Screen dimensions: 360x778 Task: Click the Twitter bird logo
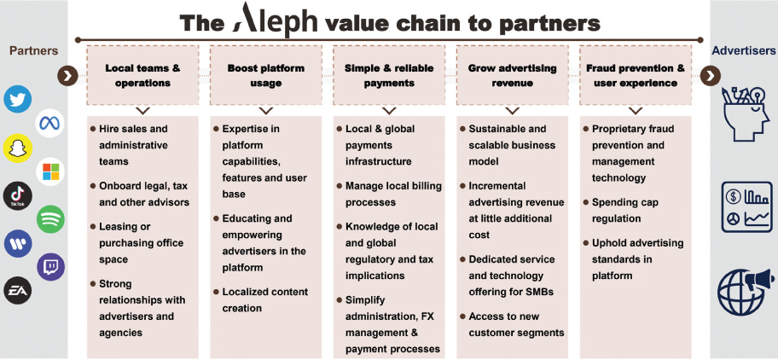(x=17, y=100)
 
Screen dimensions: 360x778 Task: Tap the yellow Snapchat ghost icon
(x=17, y=148)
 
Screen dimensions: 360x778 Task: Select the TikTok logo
(x=17, y=195)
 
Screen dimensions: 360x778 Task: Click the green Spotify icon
(x=50, y=219)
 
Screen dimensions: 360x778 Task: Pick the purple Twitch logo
(x=50, y=268)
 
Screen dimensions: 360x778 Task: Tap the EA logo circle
(x=17, y=291)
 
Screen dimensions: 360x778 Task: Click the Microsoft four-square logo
(x=50, y=171)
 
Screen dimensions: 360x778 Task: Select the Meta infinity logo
(x=50, y=124)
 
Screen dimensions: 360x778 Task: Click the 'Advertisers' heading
(x=744, y=51)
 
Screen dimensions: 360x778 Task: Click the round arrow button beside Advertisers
(x=711, y=76)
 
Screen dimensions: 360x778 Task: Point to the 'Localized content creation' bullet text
(x=264, y=299)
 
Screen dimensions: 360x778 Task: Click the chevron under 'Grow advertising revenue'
(x=512, y=110)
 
